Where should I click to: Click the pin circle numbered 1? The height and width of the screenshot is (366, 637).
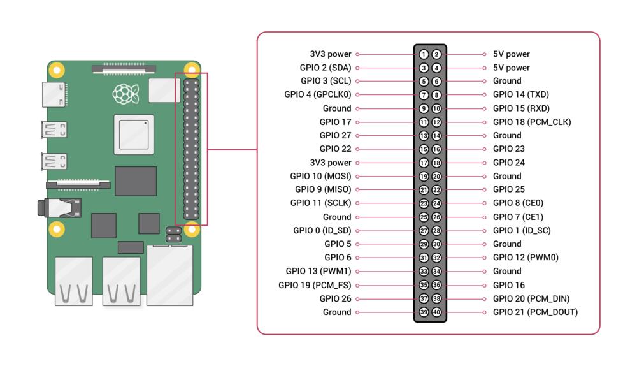tap(424, 54)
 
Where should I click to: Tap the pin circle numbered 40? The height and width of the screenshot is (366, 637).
tap(436, 312)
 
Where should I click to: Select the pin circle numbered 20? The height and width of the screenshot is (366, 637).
tap(436, 176)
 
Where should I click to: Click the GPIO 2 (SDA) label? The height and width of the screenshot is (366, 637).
tap(326, 68)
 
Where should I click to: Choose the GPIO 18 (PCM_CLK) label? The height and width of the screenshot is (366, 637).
tap(532, 122)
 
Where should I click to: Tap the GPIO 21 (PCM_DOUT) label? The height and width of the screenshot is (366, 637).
tap(535, 312)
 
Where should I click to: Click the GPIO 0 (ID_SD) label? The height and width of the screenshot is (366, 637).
tap(322, 230)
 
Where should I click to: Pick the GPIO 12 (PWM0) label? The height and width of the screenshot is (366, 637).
tap(526, 258)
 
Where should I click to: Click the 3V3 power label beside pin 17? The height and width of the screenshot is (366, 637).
tap(331, 163)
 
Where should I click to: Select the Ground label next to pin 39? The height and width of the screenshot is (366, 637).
tap(337, 312)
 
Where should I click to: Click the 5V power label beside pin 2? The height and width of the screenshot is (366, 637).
tap(511, 54)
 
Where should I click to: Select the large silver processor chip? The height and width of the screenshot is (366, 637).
tap(134, 134)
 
